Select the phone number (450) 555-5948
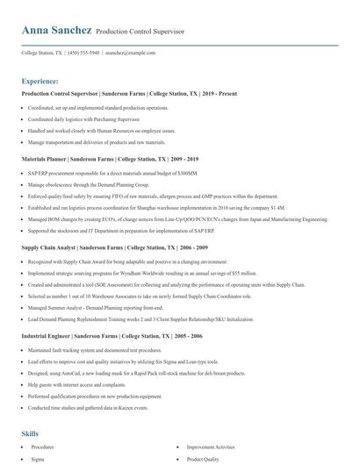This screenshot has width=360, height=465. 83,53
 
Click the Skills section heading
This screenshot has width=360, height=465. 30,433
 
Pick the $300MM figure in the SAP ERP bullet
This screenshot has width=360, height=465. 189,173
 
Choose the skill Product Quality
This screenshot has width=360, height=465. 204,458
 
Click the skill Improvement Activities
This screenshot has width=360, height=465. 212,447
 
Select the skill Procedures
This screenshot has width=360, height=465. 43,447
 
